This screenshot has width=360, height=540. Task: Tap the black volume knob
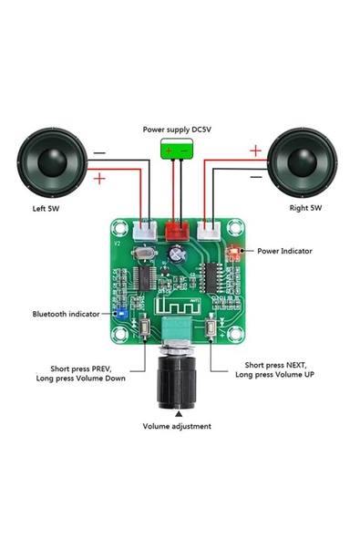178,383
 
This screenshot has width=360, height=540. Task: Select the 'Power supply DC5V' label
178,130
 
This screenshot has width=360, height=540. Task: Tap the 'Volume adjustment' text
177,426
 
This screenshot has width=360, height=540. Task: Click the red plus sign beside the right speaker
256,151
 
